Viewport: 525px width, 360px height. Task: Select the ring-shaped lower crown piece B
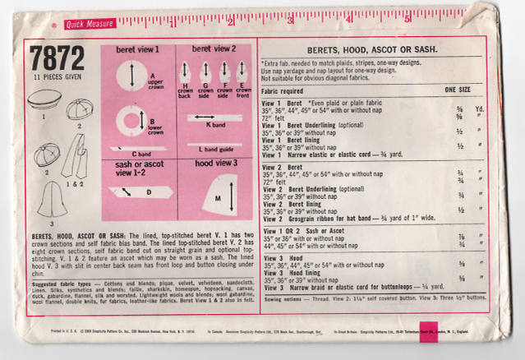tap(130, 122)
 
